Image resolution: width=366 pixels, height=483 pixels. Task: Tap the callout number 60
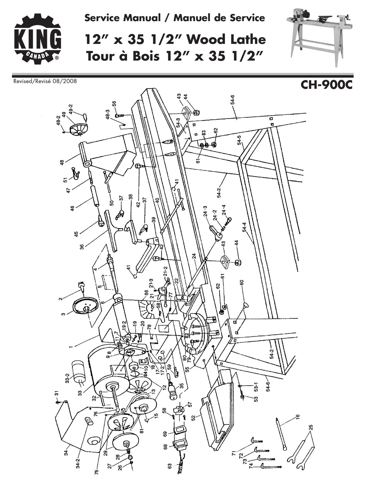click(242, 282)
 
